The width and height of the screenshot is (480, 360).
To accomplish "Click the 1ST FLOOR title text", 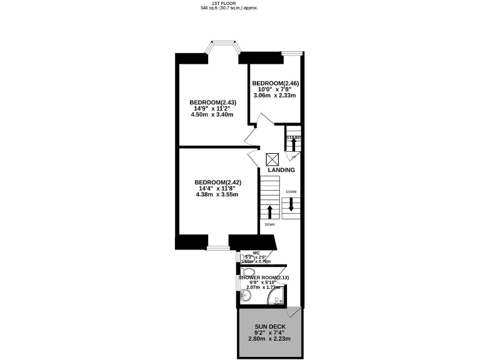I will click(x=229, y=3).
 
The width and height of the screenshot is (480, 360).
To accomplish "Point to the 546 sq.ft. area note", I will click(x=229, y=8).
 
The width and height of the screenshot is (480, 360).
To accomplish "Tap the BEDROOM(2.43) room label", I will click(x=212, y=102).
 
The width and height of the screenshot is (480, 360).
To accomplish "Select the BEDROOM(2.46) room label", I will click(x=276, y=83).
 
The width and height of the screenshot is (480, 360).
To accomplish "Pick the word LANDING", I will click(x=281, y=170).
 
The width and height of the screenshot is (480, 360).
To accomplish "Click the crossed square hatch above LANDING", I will click(x=272, y=159).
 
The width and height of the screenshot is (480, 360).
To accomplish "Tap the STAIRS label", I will click(x=293, y=137).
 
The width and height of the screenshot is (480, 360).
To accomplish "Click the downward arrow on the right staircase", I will click(x=291, y=204).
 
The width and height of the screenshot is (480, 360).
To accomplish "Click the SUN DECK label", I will click(x=270, y=326).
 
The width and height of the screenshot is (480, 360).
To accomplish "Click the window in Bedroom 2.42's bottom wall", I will click(x=218, y=248).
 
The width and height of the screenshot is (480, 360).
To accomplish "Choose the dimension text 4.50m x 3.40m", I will click(x=213, y=115).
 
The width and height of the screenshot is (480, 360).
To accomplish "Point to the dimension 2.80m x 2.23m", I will click(x=270, y=339).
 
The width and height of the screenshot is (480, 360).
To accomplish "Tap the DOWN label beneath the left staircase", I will click(x=270, y=224).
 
